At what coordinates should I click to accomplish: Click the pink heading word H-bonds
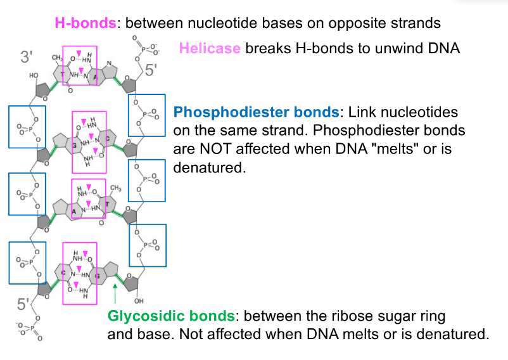click(x=86, y=23)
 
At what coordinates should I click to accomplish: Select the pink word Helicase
click(x=210, y=49)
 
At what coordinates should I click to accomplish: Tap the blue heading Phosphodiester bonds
click(x=256, y=113)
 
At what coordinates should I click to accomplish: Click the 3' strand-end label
click(x=27, y=57)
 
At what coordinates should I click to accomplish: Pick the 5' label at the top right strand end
click(x=150, y=70)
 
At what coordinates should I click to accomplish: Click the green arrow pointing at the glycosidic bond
click(x=115, y=294)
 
